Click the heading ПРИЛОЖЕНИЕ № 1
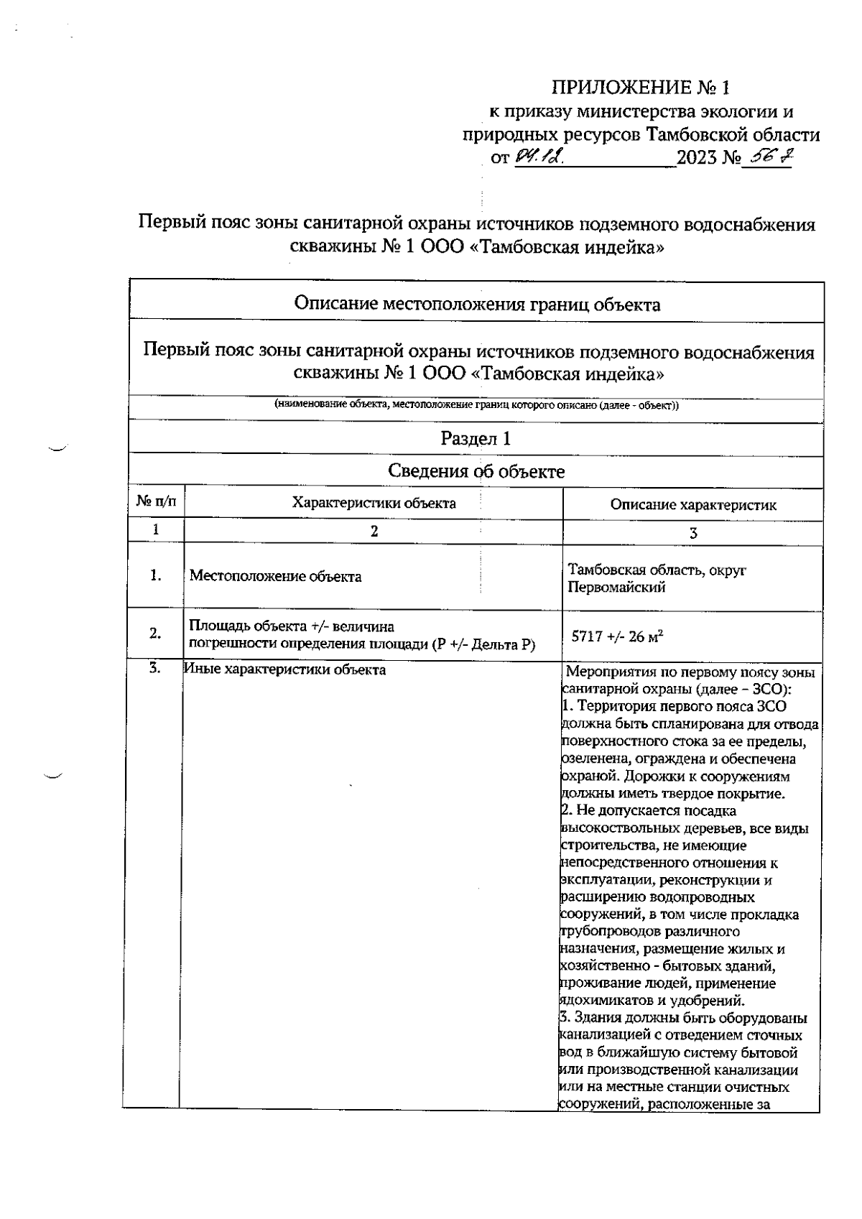[x=639, y=88]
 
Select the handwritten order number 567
[x=766, y=157]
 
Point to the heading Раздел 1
[x=476, y=439]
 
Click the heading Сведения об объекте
[x=476, y=471]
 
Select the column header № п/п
[x=156, y=503]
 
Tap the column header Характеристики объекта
[x=374, y=503]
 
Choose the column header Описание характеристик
[x=693, y=505]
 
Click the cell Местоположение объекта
[x=275, y=576]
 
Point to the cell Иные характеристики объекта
[x=285, y=670]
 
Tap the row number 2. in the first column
[x=155, y=633]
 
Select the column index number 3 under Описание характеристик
[x=693, y=533]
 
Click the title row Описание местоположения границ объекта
[x=477, y=305]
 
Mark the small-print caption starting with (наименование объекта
[x=477, y=405]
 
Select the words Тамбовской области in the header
[x=733, y=135]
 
